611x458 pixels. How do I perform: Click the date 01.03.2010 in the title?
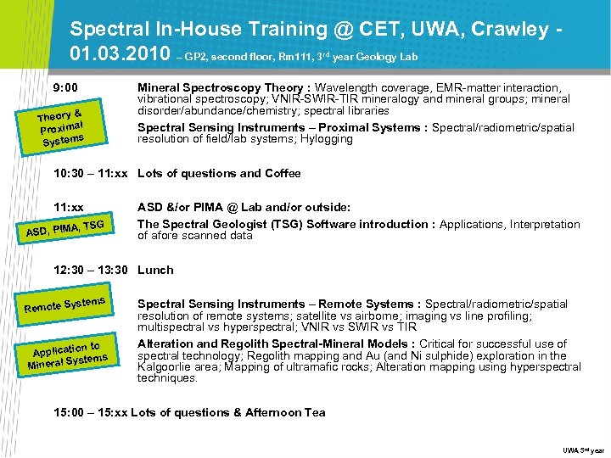(120, 55)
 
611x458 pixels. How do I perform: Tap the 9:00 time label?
(65, 88)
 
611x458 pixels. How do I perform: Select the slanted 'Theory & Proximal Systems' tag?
(60, 127)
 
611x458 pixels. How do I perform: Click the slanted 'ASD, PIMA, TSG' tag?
(65, 226)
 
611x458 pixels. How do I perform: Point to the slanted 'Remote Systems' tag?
(64, 304)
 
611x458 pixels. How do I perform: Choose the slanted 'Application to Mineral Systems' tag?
(67, 354)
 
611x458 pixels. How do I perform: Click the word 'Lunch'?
(155, 270)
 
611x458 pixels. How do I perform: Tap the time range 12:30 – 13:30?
(90, 270)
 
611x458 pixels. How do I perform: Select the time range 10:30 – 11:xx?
(90, 173)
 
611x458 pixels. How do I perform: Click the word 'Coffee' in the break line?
(283, 173)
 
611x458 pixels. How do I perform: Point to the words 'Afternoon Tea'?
(285, 412)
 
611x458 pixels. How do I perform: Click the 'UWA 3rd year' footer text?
(584, 449)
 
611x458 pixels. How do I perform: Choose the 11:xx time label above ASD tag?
(69, 207)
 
